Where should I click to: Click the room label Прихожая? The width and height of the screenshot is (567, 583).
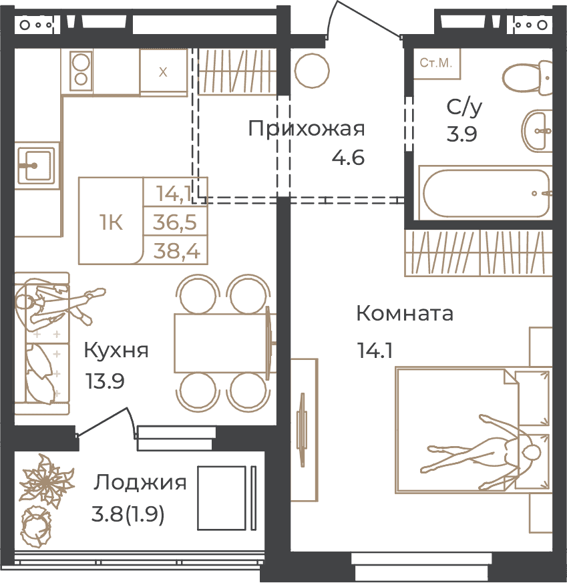(x=307, y=129)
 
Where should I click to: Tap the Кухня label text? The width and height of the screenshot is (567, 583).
(x=116, y=350)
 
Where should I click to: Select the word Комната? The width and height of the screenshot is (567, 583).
(x=405, y=313)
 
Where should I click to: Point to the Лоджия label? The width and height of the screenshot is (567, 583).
(x=140, y=483)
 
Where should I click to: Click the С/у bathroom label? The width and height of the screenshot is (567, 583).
(x=464, y=106)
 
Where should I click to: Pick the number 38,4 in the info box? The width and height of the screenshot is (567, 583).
(x=176, y=250)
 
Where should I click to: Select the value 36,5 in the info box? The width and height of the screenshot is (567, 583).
(x=175, y=222)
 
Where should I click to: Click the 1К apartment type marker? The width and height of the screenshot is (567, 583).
(x=111, y=222)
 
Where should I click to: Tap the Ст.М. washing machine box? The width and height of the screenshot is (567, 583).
(x=437, y=63)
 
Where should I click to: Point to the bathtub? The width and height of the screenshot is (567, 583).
(x=486, y=193)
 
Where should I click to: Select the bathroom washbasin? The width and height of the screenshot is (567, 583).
(x=537, y=130)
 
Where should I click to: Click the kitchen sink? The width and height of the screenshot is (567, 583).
(x=35, y=166)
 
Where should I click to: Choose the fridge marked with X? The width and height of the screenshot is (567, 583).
(x=163, y=72)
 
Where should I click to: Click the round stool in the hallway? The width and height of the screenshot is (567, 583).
(x=312, y=71)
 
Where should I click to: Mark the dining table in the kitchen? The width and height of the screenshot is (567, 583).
(x=221, y=343)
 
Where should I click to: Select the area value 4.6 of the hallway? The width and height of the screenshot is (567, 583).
(x=348, y=158)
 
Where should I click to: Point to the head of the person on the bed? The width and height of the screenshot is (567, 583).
(x=532, y=453)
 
